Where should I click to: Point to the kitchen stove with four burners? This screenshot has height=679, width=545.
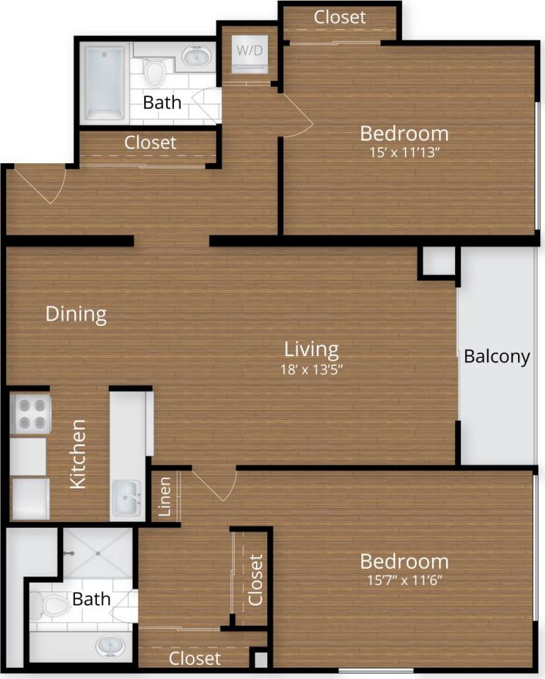point(30,413)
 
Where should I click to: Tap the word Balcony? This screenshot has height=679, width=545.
point(496,357)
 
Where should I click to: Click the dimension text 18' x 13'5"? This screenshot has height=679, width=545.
point(311,368)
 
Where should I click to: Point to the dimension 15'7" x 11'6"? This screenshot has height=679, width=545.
point(404,580)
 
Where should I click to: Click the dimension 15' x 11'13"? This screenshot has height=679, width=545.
point(404,151)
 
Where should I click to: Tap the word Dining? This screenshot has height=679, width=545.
point(76,314)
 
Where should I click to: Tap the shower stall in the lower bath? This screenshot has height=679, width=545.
point(98,553)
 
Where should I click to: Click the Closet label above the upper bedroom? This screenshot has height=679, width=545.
point(339,17)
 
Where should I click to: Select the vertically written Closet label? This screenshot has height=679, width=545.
point(255,580)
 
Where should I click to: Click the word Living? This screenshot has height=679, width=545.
point(311,348)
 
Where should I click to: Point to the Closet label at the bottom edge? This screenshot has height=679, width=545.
point(194,659)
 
